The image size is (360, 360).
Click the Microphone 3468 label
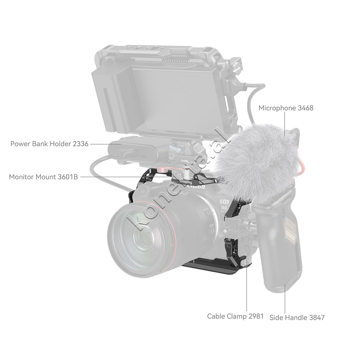click(x=286, y=108)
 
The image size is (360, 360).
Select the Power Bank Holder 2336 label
click(x=49, y=144)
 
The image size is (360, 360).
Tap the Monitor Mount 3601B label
click(x=43, y=177)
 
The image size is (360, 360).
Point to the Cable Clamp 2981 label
click(x=235, y=316)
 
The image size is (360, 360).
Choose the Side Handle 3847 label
click(x=297, y=318)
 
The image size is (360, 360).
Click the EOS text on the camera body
click(x=224, y=202)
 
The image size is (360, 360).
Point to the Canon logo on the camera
click(x=196, y=186)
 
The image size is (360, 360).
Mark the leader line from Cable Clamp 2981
click(x=247, y=288)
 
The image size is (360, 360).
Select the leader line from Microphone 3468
click(x=285, y=124)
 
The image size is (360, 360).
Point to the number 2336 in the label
click(x=80, y=144)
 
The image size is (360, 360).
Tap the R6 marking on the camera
click(x=224, y=208)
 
